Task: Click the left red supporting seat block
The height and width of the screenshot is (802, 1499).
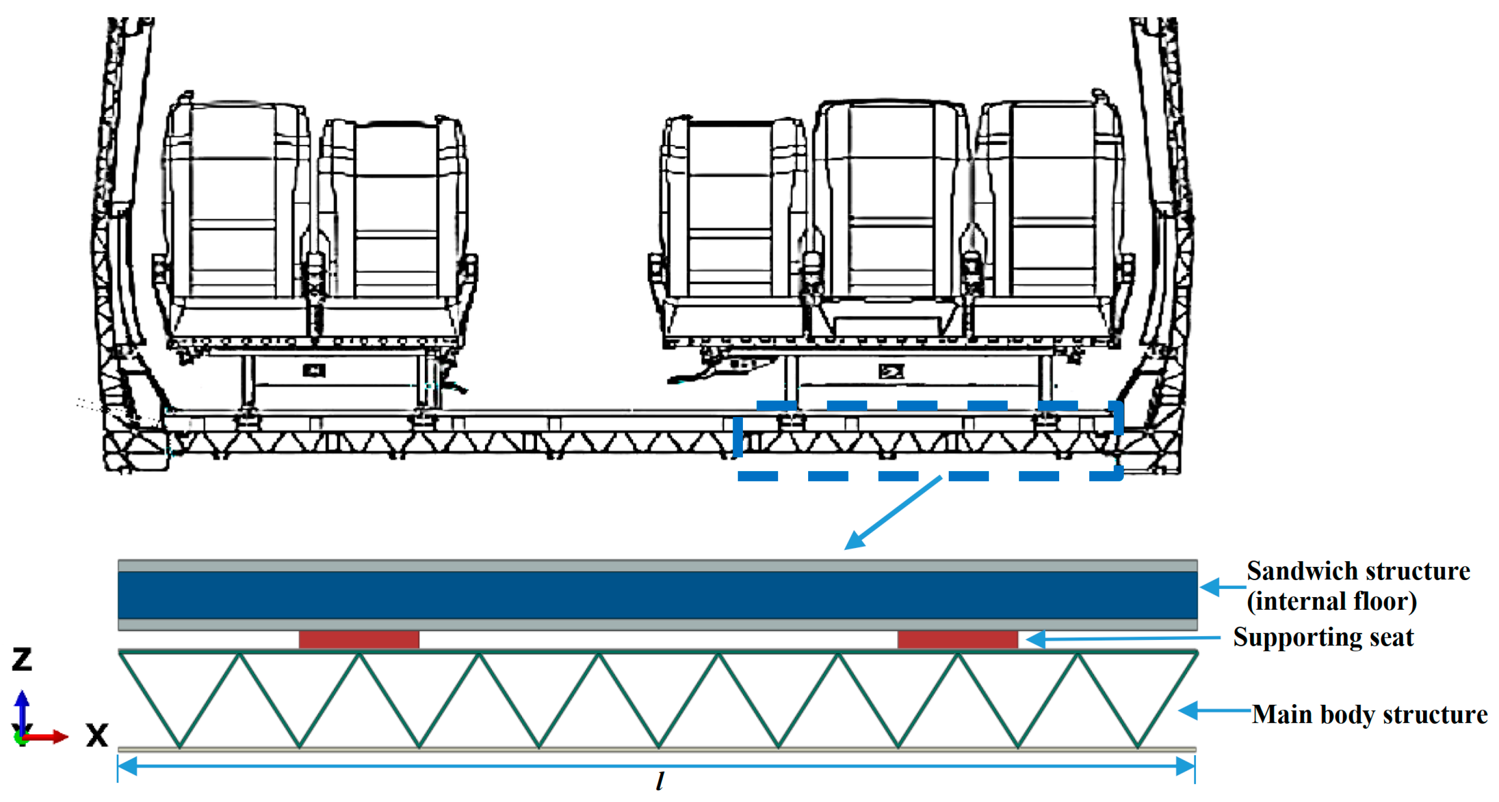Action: pos(359,639)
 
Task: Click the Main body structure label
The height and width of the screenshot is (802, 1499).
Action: pos(1369,714)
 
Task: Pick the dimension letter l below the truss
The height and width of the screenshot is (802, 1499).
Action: pos(659,782)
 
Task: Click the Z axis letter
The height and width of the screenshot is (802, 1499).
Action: pos(22,659)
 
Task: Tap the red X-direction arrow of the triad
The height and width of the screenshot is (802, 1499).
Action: pos(50,737)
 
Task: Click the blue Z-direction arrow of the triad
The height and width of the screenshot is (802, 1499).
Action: pos(22,707)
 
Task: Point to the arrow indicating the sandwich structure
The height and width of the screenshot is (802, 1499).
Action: pos(1221,587)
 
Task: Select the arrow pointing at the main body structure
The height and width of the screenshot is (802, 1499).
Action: pos(1213,711)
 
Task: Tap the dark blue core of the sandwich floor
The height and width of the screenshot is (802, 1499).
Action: pos(658,595)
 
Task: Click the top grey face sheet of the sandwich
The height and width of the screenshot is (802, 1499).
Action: pos(658,565)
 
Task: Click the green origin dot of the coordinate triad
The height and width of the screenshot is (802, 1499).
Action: pos(21,739)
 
